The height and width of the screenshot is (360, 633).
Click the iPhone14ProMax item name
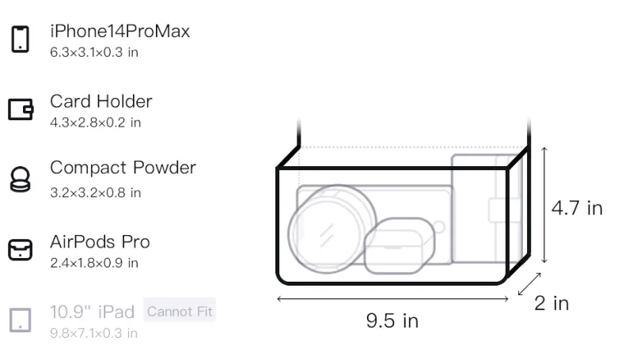tap(120, 31)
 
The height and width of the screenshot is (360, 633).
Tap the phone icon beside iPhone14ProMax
tap(21, 39)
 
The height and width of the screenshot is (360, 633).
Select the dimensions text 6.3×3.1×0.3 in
tap(94, 52)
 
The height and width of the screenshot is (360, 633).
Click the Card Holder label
tap(101, 101)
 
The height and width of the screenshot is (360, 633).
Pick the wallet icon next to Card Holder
tap(21, 109)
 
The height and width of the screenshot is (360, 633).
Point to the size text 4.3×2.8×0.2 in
tap(95, 123)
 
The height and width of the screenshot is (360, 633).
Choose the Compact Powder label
tap(123, 168)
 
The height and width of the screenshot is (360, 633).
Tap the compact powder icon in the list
tap(21, 179)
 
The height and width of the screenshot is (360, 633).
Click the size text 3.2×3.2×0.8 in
tap(95, 192)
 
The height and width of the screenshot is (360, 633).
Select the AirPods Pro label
tap(100, 242)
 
